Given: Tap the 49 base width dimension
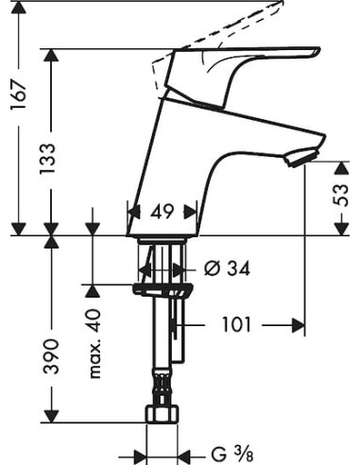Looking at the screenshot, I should pos(162,213).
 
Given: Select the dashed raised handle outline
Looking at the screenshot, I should pos(236,24).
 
